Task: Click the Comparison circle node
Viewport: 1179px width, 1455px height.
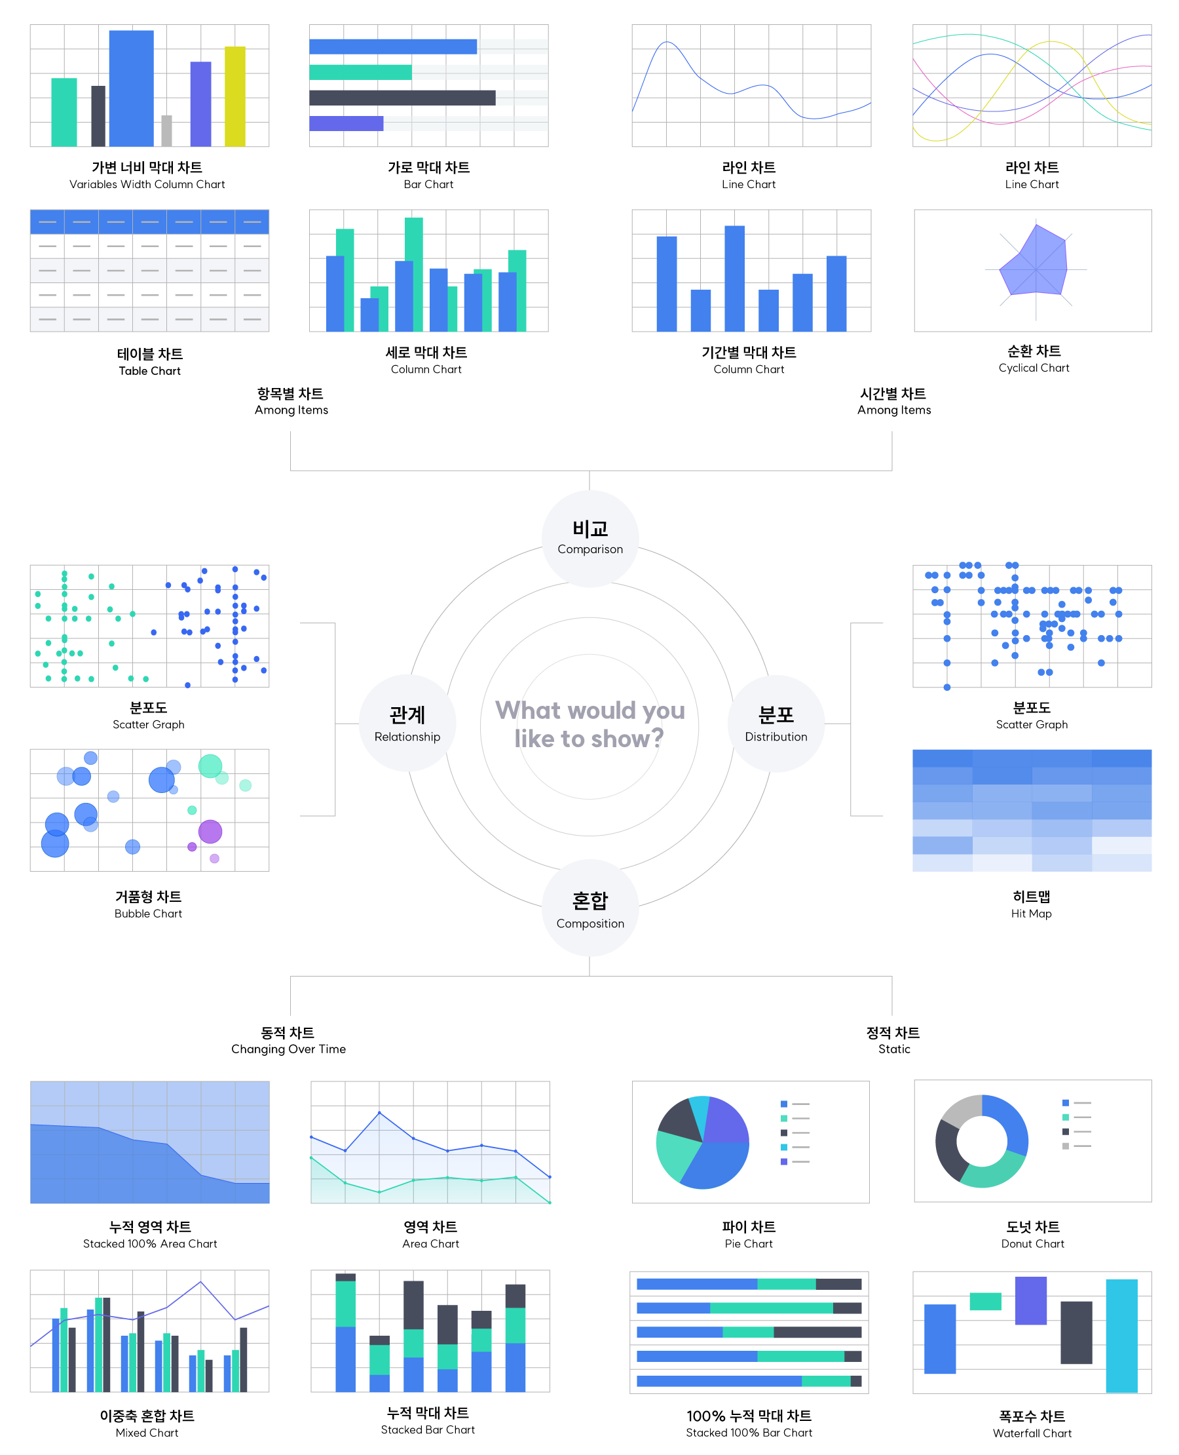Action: (x=589, y=538)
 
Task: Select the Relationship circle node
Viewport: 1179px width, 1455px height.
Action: (x=407, y=723)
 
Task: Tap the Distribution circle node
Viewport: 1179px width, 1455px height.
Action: (x=776, y=723)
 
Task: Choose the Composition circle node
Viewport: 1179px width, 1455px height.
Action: (x=589, y=908)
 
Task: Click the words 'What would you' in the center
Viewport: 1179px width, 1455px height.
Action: (x=589, y=710)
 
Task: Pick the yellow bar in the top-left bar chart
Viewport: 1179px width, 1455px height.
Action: (x=235, y=96)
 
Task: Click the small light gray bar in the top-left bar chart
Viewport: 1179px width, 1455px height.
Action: (x=166, y=130)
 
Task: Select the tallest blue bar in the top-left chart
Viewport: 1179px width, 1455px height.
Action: (x=131, y=88)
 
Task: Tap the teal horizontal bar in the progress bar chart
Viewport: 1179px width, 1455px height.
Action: (x=360, y=72)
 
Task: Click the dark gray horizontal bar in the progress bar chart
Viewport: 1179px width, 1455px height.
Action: (x=402, y=97)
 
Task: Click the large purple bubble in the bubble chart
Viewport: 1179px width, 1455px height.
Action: (x=210, y=831)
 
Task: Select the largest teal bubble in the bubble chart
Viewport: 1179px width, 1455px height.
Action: (x=210, y=766)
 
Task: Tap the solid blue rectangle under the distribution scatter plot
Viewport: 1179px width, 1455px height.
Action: (x=1032, y=810)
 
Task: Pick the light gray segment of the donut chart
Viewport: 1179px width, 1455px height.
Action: (x=960, y=1110)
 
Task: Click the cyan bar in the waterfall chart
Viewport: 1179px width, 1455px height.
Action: (x=1121, y=1336)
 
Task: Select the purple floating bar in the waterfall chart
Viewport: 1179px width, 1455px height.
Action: (x=1030, y=1301)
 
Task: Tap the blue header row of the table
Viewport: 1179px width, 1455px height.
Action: (x=149, y=222)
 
